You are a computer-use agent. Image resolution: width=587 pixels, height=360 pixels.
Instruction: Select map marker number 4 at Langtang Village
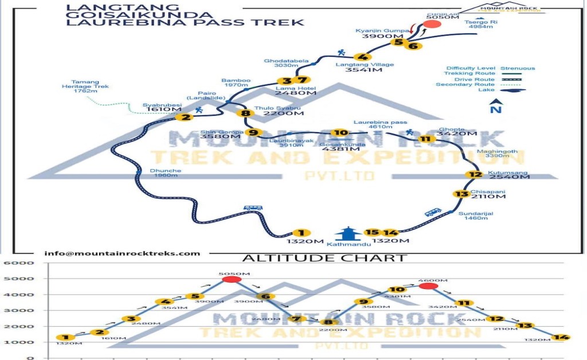pos(362,57)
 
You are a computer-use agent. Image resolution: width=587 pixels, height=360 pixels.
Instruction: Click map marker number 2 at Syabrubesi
pos(185,118)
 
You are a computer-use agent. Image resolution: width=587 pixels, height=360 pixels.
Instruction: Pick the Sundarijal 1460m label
pos(476,216)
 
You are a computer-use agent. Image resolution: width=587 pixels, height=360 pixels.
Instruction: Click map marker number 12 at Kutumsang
pos(473,175)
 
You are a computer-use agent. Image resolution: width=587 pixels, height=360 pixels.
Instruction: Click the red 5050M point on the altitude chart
pos(231,279)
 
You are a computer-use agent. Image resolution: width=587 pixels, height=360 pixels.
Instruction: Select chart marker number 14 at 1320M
pos(562,337)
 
